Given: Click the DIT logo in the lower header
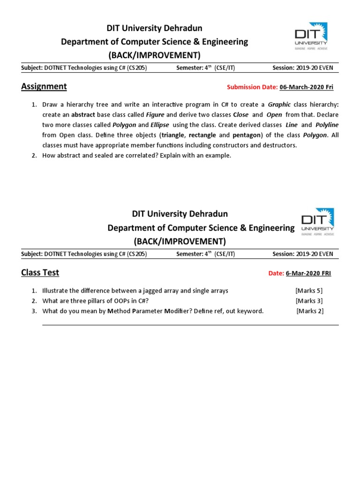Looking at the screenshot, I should tap(318, 221).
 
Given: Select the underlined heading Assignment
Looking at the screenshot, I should tap(44, 86).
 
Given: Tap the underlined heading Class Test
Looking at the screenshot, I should tap(40, 273).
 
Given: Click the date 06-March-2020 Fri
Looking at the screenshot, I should tap(307, 87).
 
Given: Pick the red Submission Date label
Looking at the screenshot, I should tap(252, 87).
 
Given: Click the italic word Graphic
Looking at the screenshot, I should tap(279, 104).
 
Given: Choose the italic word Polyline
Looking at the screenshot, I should tap(327, 125).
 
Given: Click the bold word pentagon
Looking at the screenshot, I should tap(246, 135).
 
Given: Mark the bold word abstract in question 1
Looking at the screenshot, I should tap(83, 114).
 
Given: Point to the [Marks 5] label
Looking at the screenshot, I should tap(309, 291).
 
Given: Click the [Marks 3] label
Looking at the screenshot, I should tap(309, 301).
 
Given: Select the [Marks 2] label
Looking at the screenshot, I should tap(310, 311).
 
